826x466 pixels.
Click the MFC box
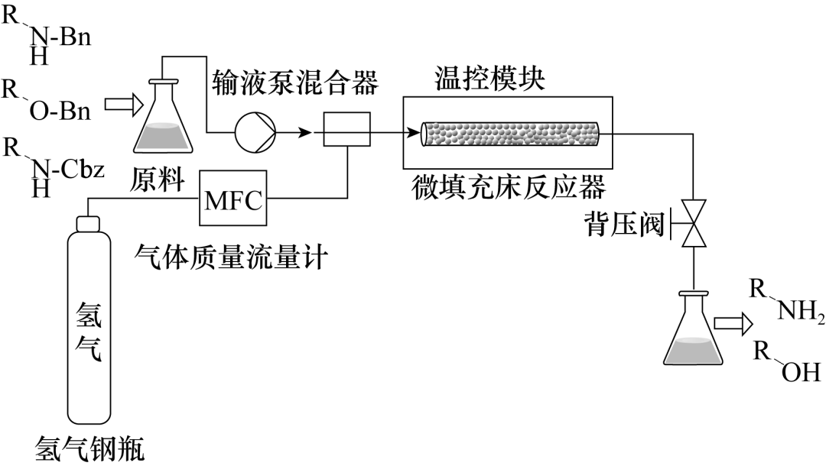point(233,199)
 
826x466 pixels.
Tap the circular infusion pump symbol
point(255,132)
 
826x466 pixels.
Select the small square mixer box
point(346,129)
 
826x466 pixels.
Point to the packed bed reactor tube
point(510,134)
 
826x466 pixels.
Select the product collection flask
point(693,328)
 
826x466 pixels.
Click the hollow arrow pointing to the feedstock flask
point(124,104)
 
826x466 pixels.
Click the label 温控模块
point(490,79)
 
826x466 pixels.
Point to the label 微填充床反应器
point(509,186)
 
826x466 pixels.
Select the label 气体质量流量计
point(231,257)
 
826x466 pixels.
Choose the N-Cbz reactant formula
point(53,167)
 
